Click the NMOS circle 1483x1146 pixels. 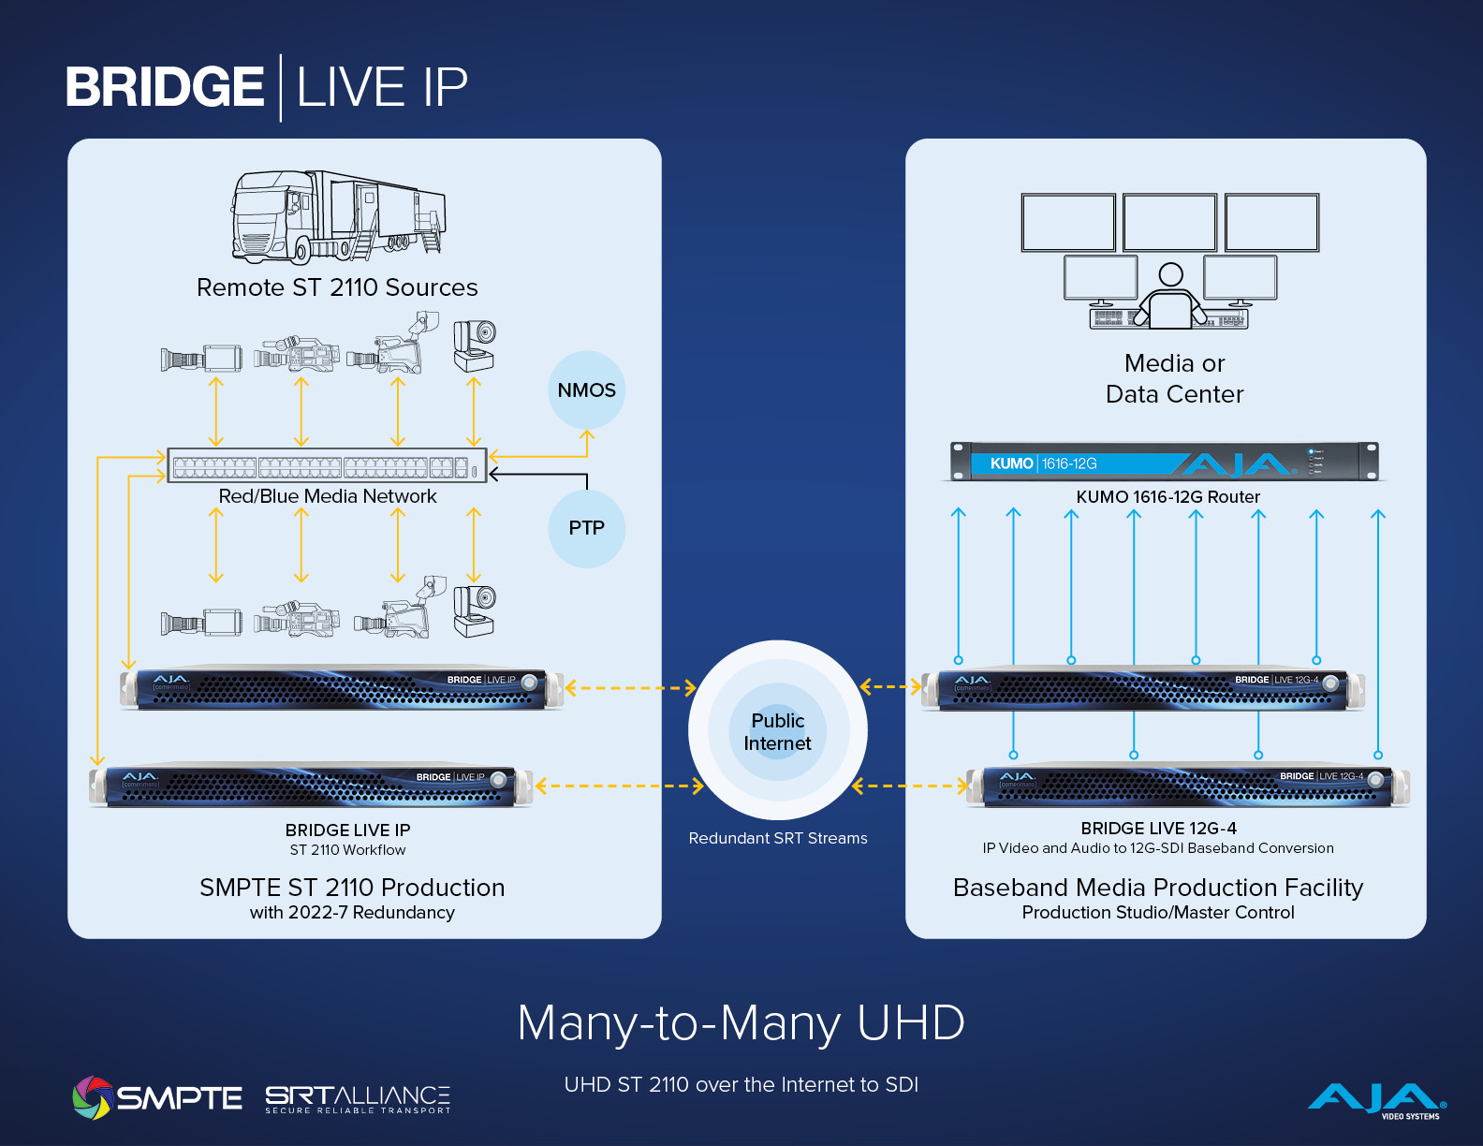tap(586, 389)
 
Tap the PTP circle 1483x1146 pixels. tap(586, 528)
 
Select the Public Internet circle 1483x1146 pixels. tap(777, 731)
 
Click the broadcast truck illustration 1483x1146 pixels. tap(338, 216)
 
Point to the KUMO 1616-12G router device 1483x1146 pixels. tap(1165, 462)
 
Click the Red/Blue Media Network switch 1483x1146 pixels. tap(327, 465)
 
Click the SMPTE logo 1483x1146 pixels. tap(157, 1097)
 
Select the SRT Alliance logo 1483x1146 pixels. tap(358, 1098)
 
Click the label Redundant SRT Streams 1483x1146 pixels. tap(777, 838)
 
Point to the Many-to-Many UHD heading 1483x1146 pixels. tap(741, 1022)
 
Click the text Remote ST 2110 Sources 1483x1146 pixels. tap(337, 287)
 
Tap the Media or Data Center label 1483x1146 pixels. tap(1174, 378)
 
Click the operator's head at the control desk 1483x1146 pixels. tap(1170, 274)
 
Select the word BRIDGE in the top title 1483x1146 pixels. tap(165, 87)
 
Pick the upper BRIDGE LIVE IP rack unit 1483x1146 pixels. tap(343, 689)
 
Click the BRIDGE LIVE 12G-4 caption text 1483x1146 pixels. tap(1158, 829)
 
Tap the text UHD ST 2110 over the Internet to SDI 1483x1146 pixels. tap(741, 1084)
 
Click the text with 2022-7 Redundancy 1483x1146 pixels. tap(352, 912)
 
